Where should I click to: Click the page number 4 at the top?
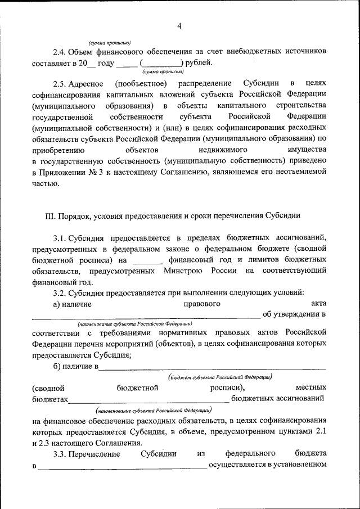tap(179, 25)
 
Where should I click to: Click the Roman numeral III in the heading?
tap(50, 215)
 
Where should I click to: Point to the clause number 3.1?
tap(61, 237)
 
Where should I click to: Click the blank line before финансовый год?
tap(148, 261)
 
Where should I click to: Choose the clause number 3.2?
tap(61, 292)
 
